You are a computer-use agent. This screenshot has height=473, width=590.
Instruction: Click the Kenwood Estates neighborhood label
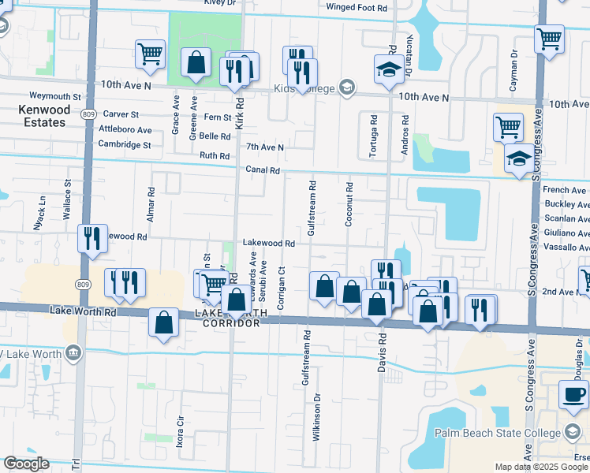43,116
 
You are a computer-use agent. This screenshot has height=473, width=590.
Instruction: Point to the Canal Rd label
263,169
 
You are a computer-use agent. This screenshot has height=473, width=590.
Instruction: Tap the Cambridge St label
125,144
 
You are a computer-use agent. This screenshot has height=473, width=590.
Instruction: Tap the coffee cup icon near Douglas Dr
573,393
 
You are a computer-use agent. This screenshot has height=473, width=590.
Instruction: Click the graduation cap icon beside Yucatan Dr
387,70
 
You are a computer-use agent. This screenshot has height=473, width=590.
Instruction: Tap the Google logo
26,464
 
